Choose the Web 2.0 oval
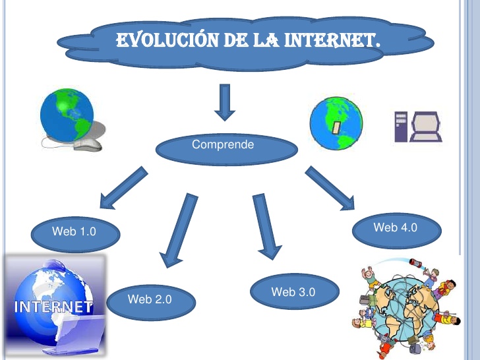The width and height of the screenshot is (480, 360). tap(150, 300)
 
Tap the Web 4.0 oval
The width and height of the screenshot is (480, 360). tap(395, 228)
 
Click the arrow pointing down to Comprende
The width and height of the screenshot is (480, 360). tap(225, 102)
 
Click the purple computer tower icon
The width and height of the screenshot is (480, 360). tap(401, 127)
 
